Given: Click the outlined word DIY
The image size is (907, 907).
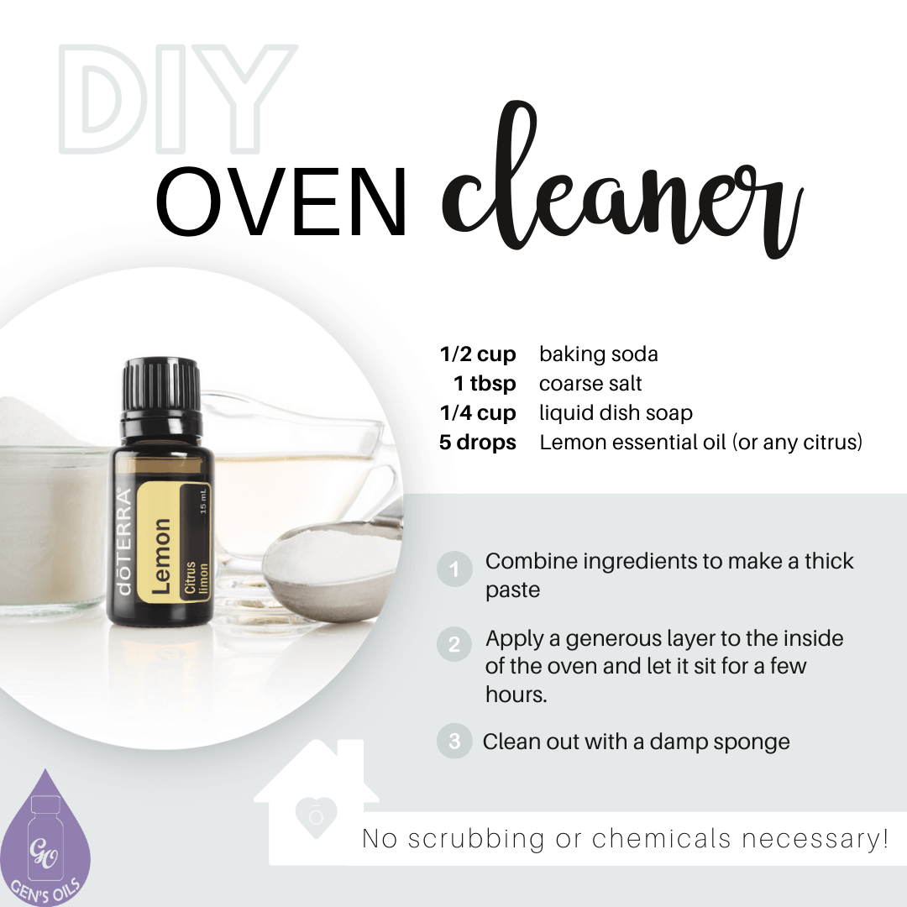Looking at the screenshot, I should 177,101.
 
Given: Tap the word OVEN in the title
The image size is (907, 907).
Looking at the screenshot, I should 281,202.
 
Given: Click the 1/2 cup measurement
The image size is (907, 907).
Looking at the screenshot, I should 478,354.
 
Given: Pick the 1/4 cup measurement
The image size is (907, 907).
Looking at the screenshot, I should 478,413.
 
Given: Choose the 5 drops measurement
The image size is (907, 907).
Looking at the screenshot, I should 477,443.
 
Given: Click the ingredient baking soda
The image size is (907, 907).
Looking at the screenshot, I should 598,354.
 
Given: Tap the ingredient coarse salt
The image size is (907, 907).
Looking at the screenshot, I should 590,384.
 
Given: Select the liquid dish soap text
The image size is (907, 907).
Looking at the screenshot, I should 616,413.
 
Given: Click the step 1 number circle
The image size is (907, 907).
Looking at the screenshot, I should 454,570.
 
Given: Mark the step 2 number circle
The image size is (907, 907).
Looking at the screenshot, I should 454,645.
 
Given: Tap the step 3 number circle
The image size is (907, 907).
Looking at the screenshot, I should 454,742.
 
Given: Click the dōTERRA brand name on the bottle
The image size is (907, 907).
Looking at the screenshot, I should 124,542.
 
